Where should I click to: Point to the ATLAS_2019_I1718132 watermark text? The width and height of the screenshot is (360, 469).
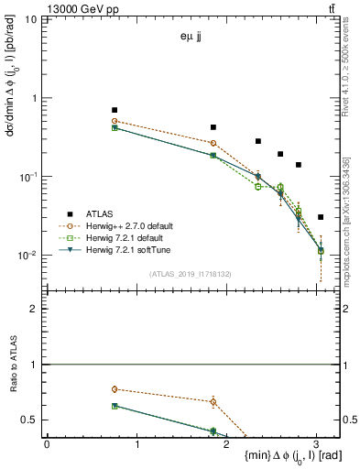click(x=191, y=273)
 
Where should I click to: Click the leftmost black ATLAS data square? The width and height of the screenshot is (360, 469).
click(x=115, y=110)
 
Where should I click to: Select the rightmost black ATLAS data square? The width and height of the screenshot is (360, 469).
click(x=320, y=217)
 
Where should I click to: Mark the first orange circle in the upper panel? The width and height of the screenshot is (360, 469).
click(x=115, y=121)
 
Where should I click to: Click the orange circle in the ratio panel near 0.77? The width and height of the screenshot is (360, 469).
click(x=115, y=389)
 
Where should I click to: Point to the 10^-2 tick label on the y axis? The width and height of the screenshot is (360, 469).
click(x=27, y=256)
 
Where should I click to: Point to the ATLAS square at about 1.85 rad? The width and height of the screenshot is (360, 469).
click(x=213, y=127)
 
